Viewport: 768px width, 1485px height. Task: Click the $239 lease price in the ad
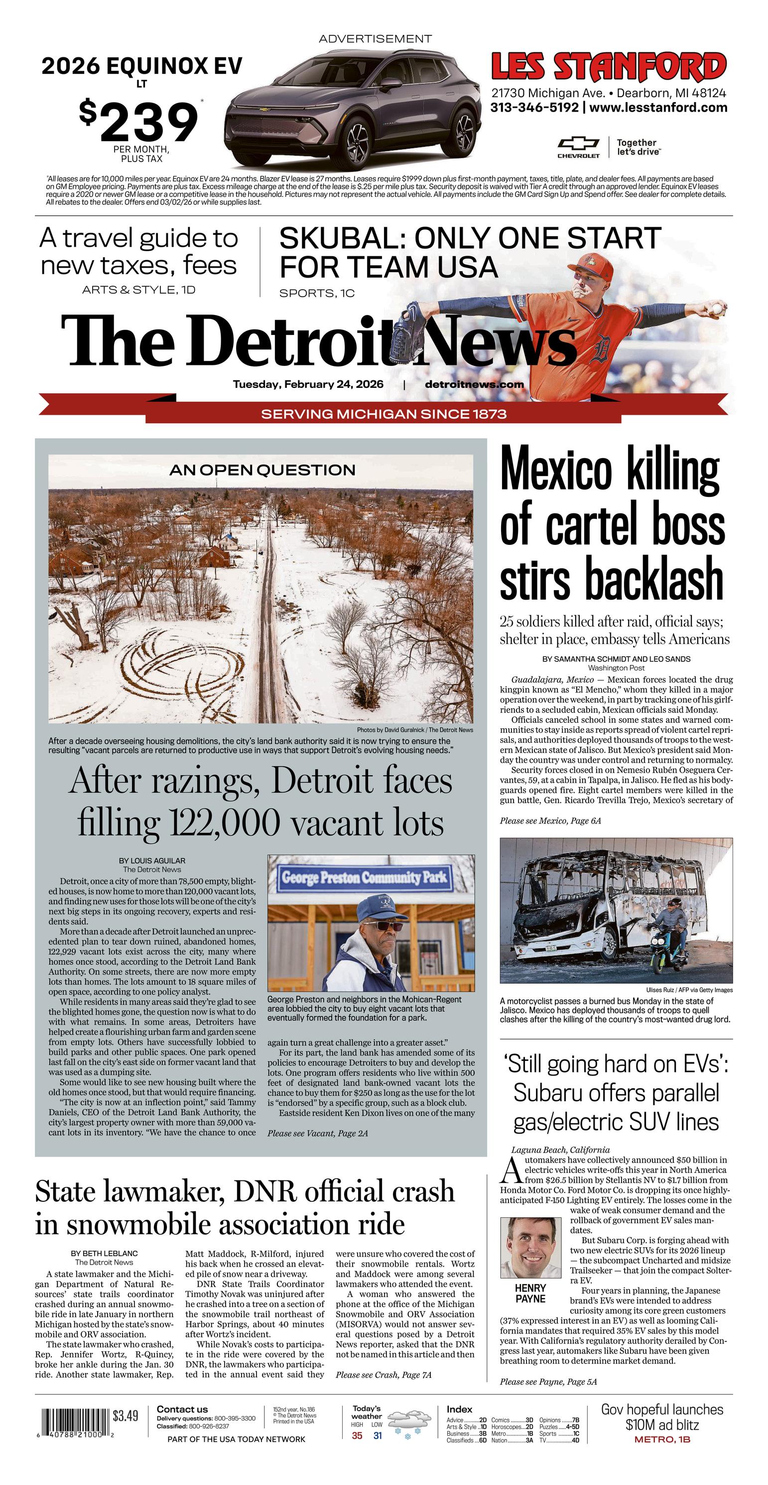pyautogui.click(x=139, y=122)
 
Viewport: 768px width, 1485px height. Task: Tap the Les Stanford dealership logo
pyautogui.click(x=609, y=66)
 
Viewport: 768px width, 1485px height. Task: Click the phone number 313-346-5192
pyautogui.click(x=534, y=108)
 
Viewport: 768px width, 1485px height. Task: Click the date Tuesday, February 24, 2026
pyautogui.click(x=308, y=384)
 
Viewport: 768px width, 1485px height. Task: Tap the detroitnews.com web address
pyautogui.click(x=474, y=384)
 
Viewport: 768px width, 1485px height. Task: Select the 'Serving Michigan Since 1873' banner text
pyautogui.click(x=384, y=414)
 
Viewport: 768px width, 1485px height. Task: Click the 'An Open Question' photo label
pyautogui.click(x=262, y=470)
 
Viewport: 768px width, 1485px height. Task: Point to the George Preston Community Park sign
pyautogui.click(x=364, y=877)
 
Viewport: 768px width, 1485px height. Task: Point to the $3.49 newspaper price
pyautogui.click(x=125, y=1416)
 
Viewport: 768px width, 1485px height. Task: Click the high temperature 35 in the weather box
pyautogui.click(x=357, y=1436)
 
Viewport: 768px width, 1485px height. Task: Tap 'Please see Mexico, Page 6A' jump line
pyautogui.click(x=550, y=821)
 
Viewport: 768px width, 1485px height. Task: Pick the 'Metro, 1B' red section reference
pyautogui.click(x=662, y=1440)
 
